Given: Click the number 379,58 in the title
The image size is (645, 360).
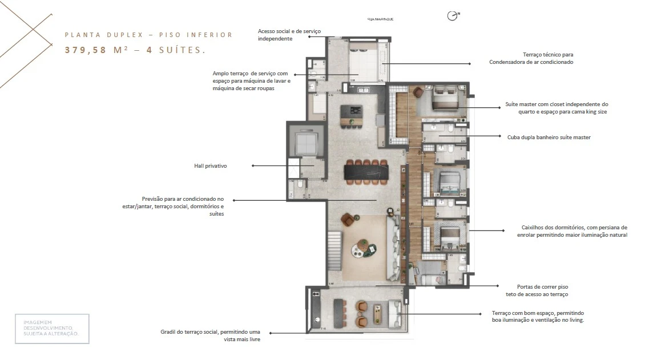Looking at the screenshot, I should click(86, 50).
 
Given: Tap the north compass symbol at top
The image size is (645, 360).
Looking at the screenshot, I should click(453, 17).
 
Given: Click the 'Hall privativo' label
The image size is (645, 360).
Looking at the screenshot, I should click(211, 166).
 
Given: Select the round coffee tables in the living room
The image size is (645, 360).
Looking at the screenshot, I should click(363, 246).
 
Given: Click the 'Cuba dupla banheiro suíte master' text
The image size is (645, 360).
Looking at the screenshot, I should click(549, 137).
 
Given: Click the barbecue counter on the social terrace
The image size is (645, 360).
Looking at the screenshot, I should click(338, 314).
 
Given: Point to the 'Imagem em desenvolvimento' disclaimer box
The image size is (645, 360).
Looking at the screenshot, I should click(52, 329).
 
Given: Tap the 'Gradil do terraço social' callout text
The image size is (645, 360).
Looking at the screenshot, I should click(211, 331).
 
